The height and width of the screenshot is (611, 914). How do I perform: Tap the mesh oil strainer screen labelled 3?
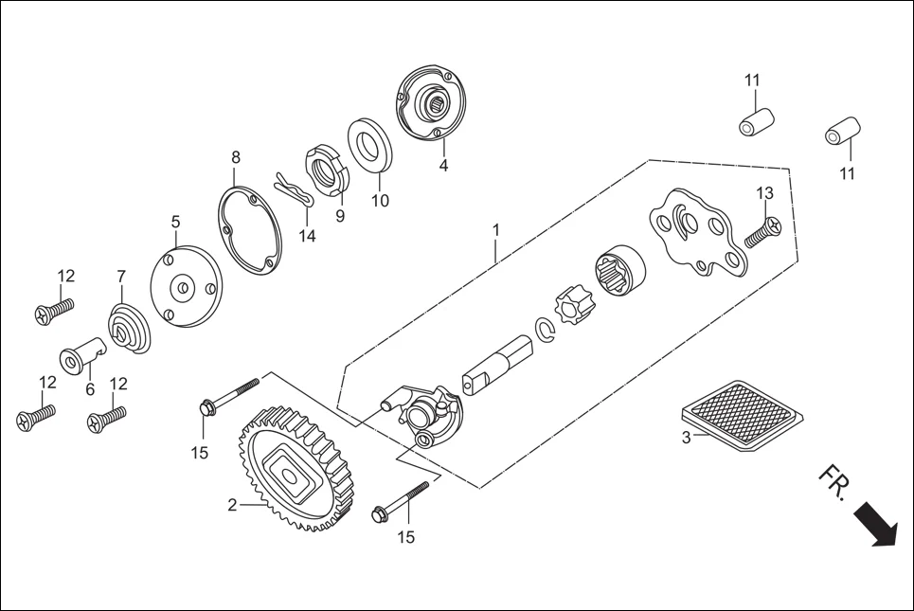coord(744,414)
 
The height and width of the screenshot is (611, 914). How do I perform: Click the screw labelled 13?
coord(761,231)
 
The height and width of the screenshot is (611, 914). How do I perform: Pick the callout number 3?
coord(686,438)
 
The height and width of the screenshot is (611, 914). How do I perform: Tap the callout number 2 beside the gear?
coord(232,506)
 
